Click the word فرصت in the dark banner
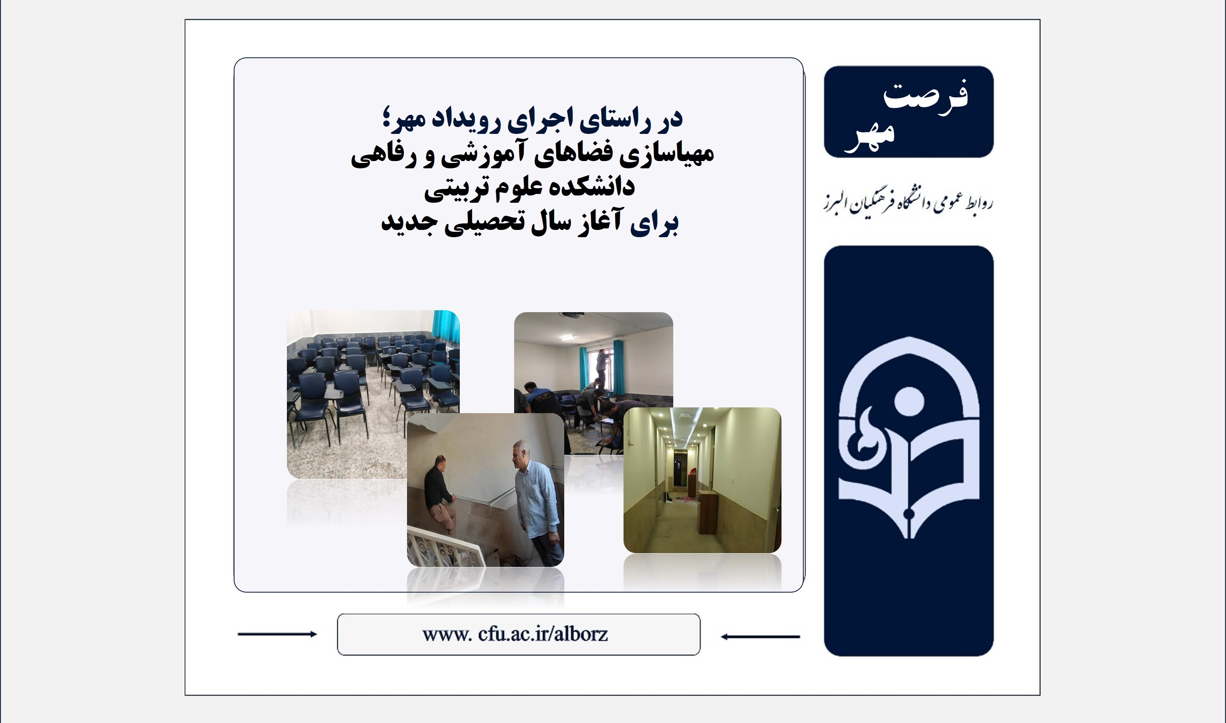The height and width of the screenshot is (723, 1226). click(925, 96)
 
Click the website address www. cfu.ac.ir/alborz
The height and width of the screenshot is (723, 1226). click(515, 634)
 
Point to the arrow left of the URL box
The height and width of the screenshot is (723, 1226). click(277, 634)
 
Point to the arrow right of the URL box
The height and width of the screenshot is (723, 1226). click(760, 636)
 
